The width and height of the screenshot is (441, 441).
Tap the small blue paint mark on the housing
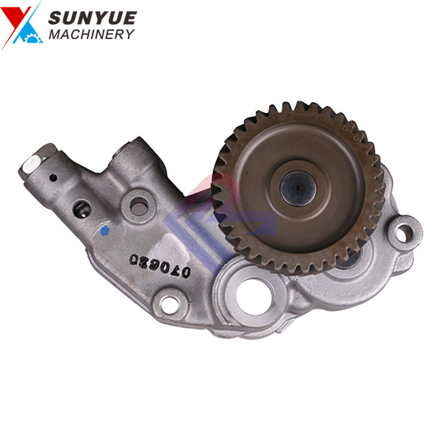pyautogui.click(x=106, y=230)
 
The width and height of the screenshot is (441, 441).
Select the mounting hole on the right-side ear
pyautogui.click(x=404, y=234)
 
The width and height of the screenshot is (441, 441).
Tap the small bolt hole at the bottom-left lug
pyautogui.click(x=171, y=301)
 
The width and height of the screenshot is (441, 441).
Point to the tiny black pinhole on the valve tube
pyautogui.click(x=52, y=176)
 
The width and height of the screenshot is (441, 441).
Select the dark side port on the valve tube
pyautogui.click(x=81, y=209)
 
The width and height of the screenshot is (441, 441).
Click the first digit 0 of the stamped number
pyautogui.click(x=186, y=271)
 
